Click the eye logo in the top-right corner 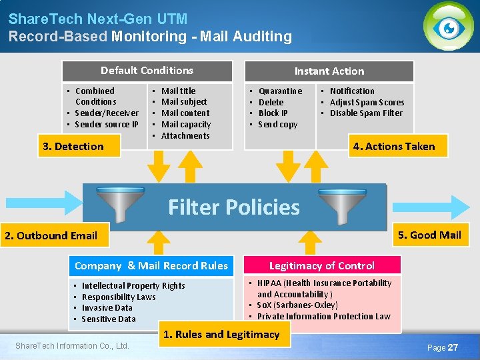449,27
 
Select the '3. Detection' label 73,147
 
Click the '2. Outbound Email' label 51,235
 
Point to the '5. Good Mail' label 429,235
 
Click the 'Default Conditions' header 147,71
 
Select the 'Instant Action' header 329,71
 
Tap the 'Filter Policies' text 234,207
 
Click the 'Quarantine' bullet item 280,91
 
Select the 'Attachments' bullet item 185,136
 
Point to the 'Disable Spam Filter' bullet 366,113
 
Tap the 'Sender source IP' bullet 107,124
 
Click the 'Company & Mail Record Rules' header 151,266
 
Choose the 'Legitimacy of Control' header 322,266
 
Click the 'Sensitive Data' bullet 109,319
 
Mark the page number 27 452,347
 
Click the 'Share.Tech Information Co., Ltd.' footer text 72,345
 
